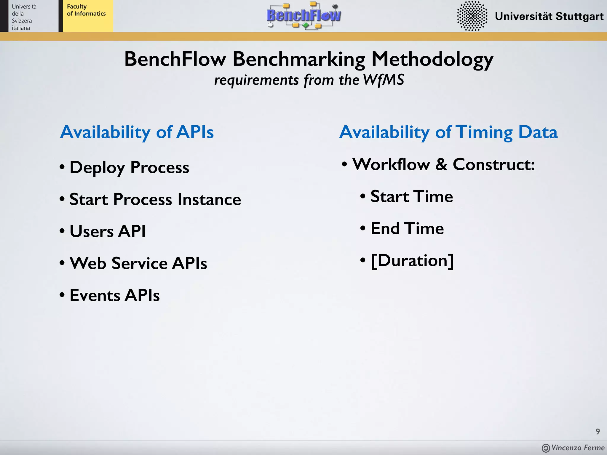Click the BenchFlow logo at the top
coord(303,15)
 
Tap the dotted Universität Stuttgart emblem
coord(472,16)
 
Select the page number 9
coord(598,431)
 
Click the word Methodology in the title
coord(432,59)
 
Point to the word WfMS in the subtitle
coord(383,80)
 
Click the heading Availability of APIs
coord(137,132)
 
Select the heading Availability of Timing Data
coord(448,132)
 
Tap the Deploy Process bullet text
coord(129,167)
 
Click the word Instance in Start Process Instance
coord(209,199)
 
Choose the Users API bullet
coord(107,231)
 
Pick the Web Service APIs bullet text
coord(138,263)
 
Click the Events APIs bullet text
coord(114,295)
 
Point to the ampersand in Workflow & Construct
coord(441,164)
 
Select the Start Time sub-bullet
coord(411,196)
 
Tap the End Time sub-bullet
coord(407,228)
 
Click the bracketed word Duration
coord(412,260)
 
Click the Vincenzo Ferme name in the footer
coord(577,448)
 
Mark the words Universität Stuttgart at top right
coord(549,16)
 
